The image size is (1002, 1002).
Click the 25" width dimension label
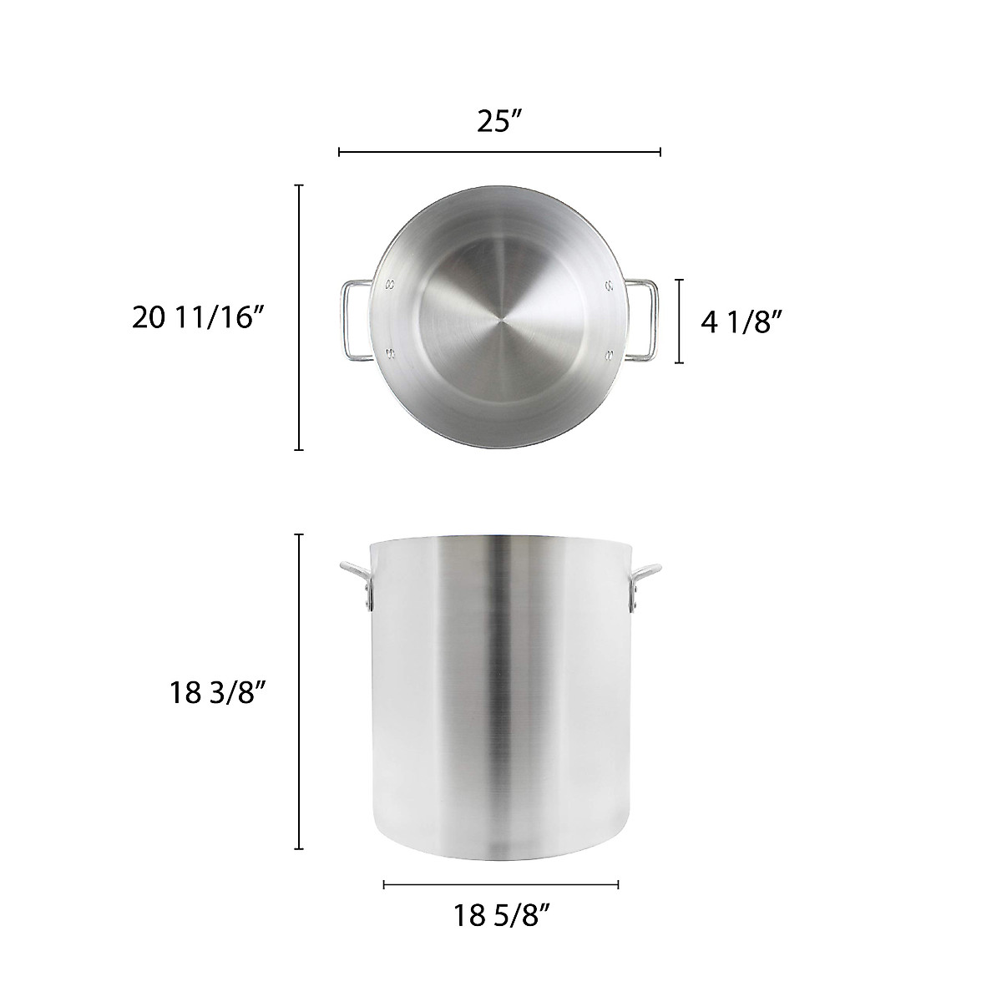point(499,121)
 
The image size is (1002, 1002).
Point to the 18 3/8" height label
point(216,692)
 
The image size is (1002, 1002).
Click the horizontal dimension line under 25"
point(499,152)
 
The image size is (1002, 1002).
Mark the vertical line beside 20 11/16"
point(299,317)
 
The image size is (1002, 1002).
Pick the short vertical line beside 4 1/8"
point(680,321)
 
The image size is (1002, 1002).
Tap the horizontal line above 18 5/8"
point(500,884)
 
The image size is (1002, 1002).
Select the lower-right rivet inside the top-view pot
point(610,355)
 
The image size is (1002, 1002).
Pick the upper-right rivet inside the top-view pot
point(610,286)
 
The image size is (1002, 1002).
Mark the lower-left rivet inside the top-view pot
point(391,355)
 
